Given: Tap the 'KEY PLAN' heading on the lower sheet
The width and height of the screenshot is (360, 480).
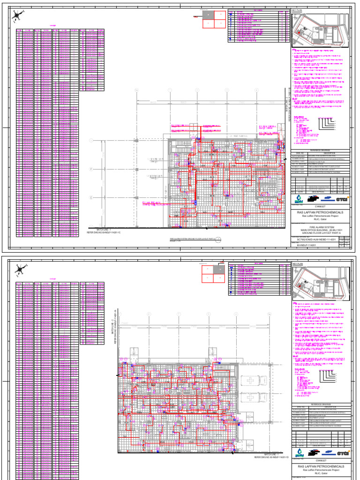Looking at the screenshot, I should pos(298,264).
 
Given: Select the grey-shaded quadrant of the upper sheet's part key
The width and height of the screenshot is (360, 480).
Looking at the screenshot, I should pos(208,15).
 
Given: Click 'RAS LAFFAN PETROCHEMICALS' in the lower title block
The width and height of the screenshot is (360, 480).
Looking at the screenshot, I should pos(320,467).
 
